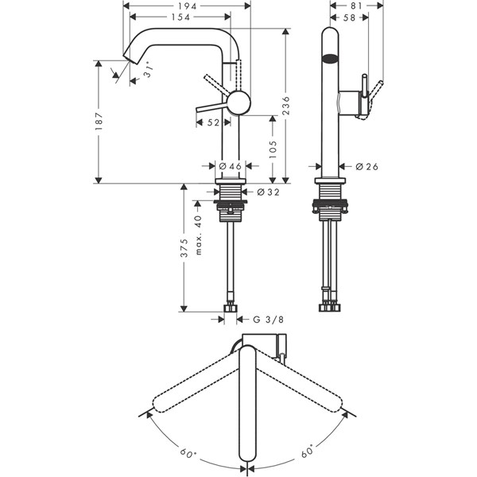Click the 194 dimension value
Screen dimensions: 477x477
click(x=186, y=6)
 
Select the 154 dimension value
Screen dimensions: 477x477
click(x=180, y=17)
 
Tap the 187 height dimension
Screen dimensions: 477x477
click(x=99, y=122)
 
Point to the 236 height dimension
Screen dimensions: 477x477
click(x=286, y=106)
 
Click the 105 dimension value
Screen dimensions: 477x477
click(x=273, y=149)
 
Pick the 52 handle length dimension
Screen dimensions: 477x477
click(x=213, y=122)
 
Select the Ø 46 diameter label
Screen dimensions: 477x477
click(x=231, y=166)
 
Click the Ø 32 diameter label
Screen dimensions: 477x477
click(x=268, y=192)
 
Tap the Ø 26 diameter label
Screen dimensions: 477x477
click(x=366, y=166)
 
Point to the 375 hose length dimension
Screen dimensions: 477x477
click(x=184, y=248)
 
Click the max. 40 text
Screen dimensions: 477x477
click(x=198, y=235)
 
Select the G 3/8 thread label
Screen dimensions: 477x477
click(x=269, y=320)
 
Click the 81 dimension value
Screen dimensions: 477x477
click(x=355, y=6)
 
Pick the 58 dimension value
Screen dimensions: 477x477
click(x=349, y=17)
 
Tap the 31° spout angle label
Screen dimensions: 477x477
click(x=149, y=72)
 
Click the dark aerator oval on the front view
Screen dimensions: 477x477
click(x=330, y=58)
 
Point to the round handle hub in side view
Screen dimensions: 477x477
click(x=239, y=103)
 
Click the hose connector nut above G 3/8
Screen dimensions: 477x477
click(x=231, y=308)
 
